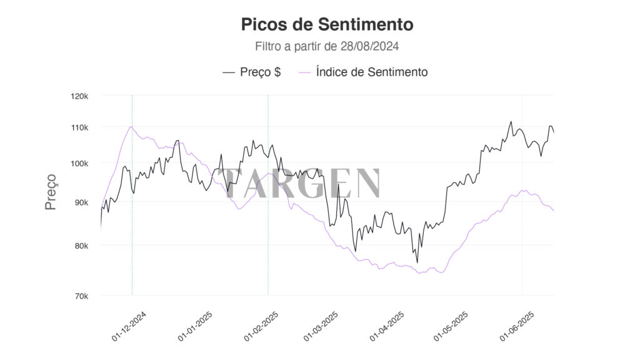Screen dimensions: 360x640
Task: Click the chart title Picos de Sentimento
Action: click(327, 24)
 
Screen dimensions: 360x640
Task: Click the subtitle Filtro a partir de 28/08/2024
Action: click(327, 46)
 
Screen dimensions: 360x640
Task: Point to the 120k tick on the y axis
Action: click(80, 96)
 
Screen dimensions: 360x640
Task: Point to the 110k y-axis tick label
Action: click(80, 127)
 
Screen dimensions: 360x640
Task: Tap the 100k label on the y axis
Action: click(80, 163)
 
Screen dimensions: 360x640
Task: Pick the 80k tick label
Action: click(81, 246)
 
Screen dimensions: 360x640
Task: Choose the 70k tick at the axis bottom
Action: click(81, 296)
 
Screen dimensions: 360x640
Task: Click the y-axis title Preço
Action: click(51, 192)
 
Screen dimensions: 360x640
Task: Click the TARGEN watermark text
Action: click(302, 184)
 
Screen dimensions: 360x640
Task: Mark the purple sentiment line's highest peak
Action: click(131, 127)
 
